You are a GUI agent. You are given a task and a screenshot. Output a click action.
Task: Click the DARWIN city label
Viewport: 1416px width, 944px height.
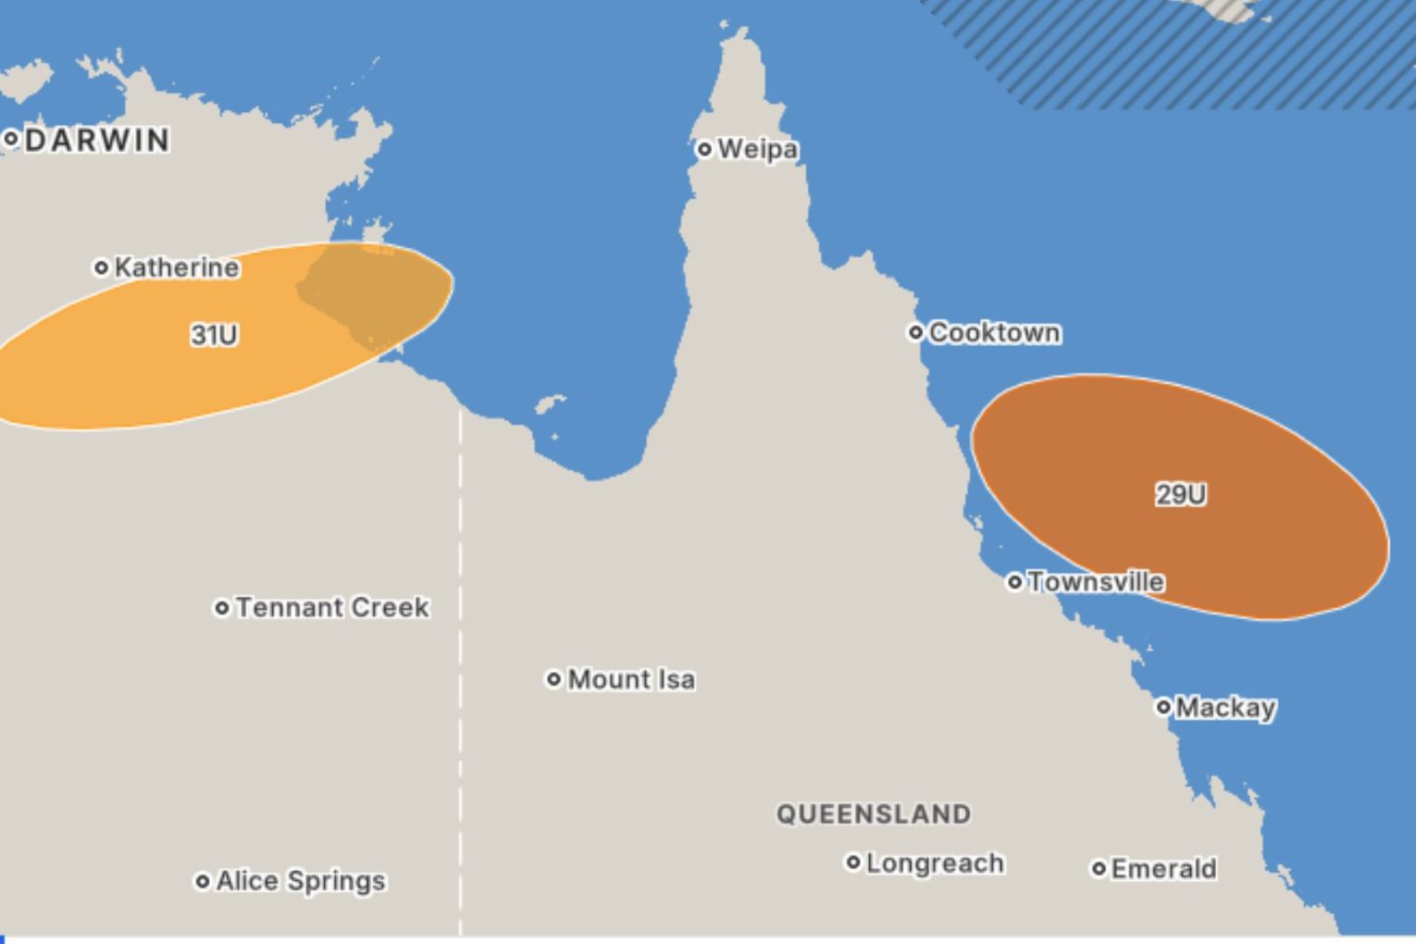(x=97, y=141)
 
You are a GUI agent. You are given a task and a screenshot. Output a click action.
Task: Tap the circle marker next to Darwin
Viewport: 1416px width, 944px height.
(x=11, y=140)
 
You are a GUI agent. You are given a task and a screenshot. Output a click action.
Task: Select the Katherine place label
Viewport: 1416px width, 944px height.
(x=177, y=267)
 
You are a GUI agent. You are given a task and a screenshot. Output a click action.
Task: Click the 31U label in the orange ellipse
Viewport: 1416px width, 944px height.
(x=214, y=335)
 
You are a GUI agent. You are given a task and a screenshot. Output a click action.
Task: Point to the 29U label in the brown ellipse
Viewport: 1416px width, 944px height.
(x=1181, y=495)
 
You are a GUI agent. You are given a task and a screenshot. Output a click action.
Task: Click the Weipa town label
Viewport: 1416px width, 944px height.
(x=757, y=149)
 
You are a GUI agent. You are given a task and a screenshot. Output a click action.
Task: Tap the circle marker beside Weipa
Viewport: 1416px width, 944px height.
(x=704, y=149)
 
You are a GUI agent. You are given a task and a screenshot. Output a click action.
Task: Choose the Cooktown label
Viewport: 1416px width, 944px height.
(x=994, y=332)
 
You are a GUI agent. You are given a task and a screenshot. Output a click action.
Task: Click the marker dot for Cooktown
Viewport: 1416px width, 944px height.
(x=915, y=332)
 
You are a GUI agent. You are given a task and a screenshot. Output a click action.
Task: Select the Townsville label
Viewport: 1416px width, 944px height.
(x=1096, y=582)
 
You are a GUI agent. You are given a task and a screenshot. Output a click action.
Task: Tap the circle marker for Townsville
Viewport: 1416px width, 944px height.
(x=1015, y=582)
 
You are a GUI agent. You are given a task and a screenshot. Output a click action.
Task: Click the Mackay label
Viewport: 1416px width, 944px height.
(x=1225, y=708)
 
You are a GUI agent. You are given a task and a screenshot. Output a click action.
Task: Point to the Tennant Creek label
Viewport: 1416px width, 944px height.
(x=332, y=608)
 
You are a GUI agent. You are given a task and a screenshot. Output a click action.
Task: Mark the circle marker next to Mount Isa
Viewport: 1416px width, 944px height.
(x=553, y=679)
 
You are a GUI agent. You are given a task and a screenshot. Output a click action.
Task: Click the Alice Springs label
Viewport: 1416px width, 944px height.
(x=301, y=881)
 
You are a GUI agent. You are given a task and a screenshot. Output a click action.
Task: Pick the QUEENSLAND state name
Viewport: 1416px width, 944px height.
(x=874, y=814)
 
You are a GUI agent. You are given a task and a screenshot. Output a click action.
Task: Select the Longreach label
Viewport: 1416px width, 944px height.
(x=935, y=863)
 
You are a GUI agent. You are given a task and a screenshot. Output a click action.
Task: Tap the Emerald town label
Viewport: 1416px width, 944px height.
(x=1163, y=869)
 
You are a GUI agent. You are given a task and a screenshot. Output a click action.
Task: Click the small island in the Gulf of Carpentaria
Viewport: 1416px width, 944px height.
(x=550, y=404)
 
